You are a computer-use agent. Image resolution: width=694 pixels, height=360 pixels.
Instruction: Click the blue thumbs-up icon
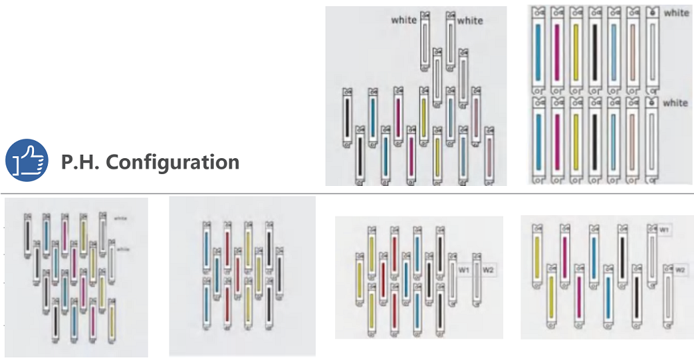click(26, 159)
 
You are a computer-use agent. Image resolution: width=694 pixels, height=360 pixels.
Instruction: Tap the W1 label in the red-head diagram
click(464, 269)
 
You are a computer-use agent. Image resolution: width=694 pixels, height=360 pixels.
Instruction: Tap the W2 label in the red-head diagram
click(489, 269)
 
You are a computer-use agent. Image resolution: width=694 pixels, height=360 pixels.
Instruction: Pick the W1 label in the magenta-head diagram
click(664, 230)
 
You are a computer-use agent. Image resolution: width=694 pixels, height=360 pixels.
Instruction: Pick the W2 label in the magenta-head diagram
click(680, 269)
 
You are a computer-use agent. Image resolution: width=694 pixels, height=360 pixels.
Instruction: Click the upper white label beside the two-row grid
click(676, 13)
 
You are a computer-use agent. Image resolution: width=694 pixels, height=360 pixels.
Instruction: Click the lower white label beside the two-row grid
click(675, 103)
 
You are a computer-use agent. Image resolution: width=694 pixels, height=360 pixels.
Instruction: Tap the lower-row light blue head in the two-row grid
click(613, 142)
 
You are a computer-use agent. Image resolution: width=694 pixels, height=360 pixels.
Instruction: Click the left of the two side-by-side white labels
click(404, 20)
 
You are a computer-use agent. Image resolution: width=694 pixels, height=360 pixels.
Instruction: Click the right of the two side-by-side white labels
click(470, 20)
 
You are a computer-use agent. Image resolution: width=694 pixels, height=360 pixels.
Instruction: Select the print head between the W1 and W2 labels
click(477, 284)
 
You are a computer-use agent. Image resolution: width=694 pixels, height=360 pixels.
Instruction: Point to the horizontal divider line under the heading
click(347, 194)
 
